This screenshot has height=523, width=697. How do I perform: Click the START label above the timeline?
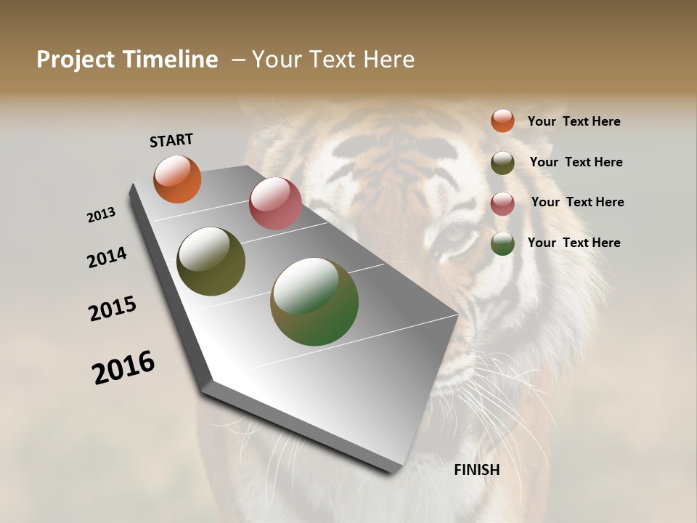[171, 140]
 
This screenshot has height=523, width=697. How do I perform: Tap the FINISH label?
[476, 470]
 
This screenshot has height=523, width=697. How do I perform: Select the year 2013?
[101, 215]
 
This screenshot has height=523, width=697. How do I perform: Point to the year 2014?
[107, 258]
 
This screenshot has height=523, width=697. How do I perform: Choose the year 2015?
[113, 309]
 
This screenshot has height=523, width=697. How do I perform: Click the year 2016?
[123, 367]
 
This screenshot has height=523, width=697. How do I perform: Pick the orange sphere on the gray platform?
[177, 179]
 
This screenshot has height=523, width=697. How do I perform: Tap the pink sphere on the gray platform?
[275, 203]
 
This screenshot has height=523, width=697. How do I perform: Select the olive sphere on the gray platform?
[211, 261]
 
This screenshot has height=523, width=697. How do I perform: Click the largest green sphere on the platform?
[314, 301]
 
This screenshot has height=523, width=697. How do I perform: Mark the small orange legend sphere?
[502, 121]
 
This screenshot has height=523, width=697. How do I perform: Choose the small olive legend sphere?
[502, 163]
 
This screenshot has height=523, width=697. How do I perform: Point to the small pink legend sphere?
[502, 203]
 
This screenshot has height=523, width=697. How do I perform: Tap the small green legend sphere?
[502, 243]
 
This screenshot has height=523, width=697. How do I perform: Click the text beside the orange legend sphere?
[574, 121]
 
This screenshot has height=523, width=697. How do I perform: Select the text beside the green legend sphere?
[574, 243]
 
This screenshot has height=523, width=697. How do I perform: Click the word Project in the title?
[77, 60]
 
